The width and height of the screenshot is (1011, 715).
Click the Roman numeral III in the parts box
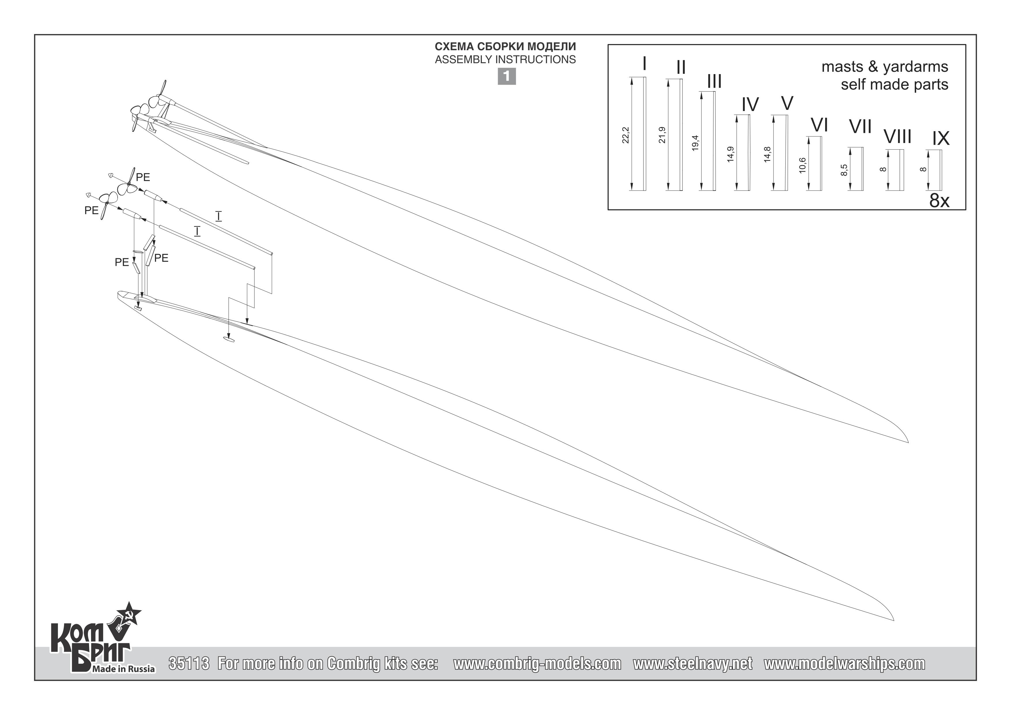click(714, 82)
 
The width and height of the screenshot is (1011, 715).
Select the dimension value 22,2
click(626, 135)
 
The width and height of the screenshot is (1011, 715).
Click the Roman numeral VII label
click(860, 127)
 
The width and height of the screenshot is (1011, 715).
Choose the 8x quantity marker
click(939, 200)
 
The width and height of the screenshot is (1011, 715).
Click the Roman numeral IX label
click(941, 139)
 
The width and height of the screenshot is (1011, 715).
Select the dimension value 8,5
click(844, 170)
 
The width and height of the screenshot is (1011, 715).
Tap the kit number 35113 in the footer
click(188, 663)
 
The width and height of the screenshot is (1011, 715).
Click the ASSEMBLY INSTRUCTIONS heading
click(505, 59)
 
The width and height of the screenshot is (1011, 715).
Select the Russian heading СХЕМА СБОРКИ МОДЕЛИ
click(505, 47)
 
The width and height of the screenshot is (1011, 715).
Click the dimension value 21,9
click(662, 135)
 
